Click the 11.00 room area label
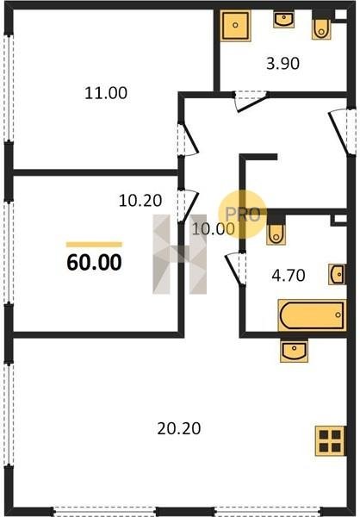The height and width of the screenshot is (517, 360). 106,93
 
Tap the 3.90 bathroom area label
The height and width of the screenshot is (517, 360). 282,63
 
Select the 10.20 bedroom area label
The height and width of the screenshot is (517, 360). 140,201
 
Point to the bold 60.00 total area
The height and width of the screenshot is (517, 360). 94,263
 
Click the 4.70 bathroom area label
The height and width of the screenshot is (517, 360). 289,276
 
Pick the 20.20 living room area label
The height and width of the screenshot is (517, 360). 179,428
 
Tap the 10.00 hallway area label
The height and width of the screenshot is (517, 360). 214,229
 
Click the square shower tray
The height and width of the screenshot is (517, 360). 235,25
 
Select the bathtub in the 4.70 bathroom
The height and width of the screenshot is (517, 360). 312,315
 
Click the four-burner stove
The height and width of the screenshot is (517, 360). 330,441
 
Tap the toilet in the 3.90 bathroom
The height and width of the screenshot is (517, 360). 321,29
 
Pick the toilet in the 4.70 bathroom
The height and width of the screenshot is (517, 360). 276,234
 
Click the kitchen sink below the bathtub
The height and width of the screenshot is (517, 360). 294,352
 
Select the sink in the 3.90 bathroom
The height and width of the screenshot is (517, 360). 283,20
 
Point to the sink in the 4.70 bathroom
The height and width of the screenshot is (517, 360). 337,274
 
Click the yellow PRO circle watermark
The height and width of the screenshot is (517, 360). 243,215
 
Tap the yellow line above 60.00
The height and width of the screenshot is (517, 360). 94,245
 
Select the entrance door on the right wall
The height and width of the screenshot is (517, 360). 342,132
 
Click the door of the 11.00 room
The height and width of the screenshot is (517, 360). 187,140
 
